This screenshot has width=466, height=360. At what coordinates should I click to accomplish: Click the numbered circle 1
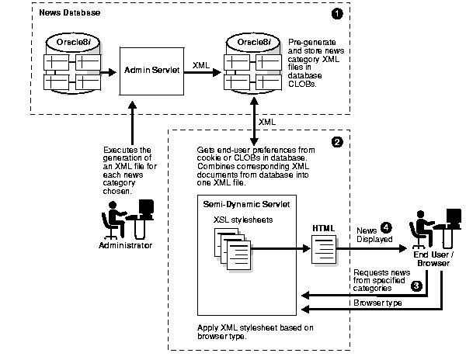click(336, 14)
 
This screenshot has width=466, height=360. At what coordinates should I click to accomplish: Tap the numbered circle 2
click(336, 142)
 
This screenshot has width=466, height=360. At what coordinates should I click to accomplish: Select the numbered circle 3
click(417, 286)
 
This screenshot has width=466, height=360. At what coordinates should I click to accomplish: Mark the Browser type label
click(377, 302)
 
